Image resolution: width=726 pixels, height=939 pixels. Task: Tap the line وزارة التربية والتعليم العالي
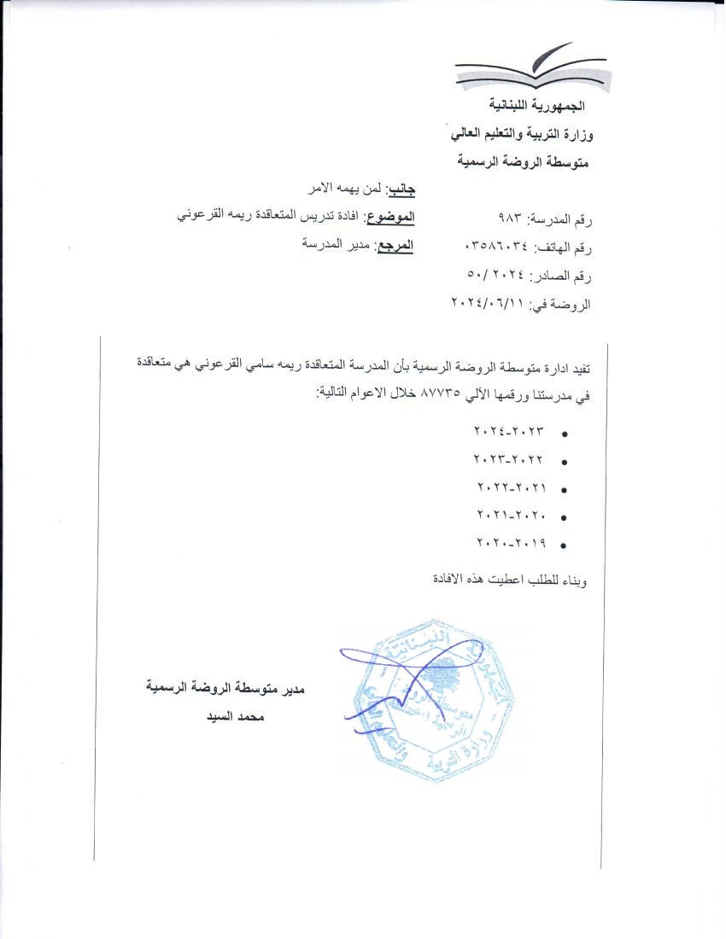click(x=521, y=133)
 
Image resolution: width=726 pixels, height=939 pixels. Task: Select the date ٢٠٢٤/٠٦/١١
click(x=488, y=304)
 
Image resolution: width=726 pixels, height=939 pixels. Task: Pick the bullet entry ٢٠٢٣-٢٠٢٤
click(x=508, y=432)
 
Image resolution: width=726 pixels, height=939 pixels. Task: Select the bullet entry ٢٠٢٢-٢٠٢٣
click(x=508, y=460)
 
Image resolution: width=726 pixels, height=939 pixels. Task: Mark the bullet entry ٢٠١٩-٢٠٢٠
click(x=508, y=542)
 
